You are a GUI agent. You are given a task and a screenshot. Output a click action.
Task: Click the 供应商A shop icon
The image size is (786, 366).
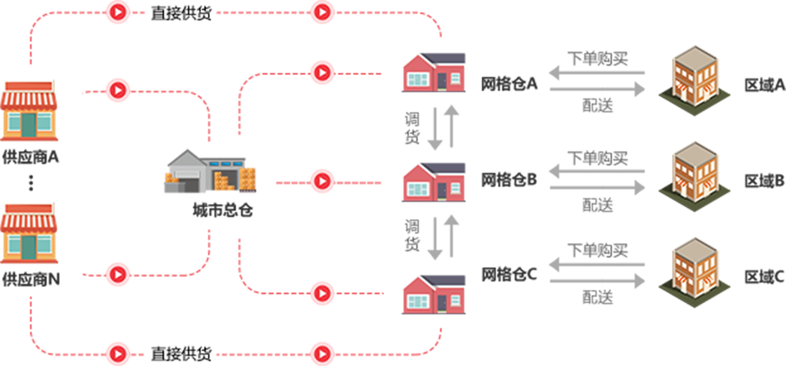29,110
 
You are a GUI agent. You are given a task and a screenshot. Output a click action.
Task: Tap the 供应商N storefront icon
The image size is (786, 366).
29,232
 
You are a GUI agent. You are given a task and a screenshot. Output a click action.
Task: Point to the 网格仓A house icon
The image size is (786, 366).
433,72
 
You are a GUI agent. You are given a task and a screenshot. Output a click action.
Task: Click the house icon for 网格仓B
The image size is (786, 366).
433,181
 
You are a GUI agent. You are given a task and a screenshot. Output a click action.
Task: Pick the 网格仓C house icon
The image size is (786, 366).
433,293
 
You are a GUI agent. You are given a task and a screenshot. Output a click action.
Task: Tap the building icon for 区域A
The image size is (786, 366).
695,79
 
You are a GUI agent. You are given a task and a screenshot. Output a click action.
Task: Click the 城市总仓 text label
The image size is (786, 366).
223,210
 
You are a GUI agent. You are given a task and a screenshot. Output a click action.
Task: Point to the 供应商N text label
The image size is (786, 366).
31,278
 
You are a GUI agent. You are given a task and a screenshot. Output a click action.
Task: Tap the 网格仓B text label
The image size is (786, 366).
509,180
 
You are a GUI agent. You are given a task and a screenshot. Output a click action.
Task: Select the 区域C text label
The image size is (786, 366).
764,276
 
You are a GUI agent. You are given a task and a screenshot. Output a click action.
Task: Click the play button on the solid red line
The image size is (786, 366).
322,182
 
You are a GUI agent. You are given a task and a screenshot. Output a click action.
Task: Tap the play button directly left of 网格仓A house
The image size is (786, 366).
322,73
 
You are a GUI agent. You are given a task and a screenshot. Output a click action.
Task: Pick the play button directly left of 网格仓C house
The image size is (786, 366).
322,293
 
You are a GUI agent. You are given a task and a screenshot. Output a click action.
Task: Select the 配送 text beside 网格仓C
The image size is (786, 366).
597,297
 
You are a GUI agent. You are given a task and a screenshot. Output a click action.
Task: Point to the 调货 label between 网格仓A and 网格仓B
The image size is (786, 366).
412,127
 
